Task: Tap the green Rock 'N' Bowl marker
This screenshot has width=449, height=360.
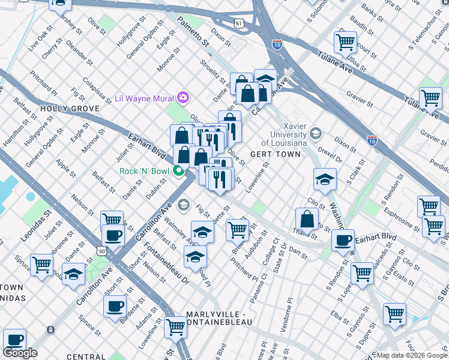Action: click(178, 172)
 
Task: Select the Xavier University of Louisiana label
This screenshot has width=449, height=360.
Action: click(285, 137)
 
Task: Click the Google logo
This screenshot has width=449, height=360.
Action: click(20, 353)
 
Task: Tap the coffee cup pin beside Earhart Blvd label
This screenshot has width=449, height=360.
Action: click(343, 240)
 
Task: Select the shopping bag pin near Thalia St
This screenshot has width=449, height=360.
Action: click(307, 220)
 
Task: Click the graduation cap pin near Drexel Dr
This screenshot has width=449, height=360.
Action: click(324, 179)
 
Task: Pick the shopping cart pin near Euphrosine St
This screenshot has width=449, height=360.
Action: click(428, 206)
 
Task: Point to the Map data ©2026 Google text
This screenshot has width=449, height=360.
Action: click(412, 355)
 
